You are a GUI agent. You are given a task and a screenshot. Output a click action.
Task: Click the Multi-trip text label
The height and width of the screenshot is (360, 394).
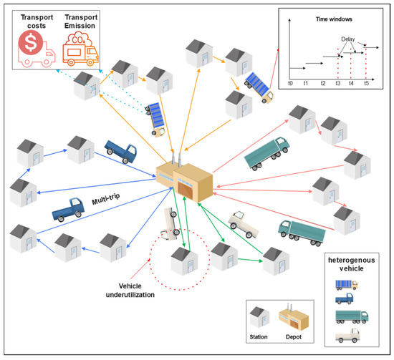tap(107, 202)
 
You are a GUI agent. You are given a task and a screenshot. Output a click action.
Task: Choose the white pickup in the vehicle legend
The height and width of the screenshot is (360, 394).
tap(350, 335)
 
